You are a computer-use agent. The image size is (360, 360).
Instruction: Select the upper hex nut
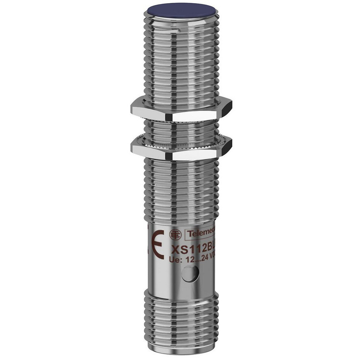click(x=180, y=112)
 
